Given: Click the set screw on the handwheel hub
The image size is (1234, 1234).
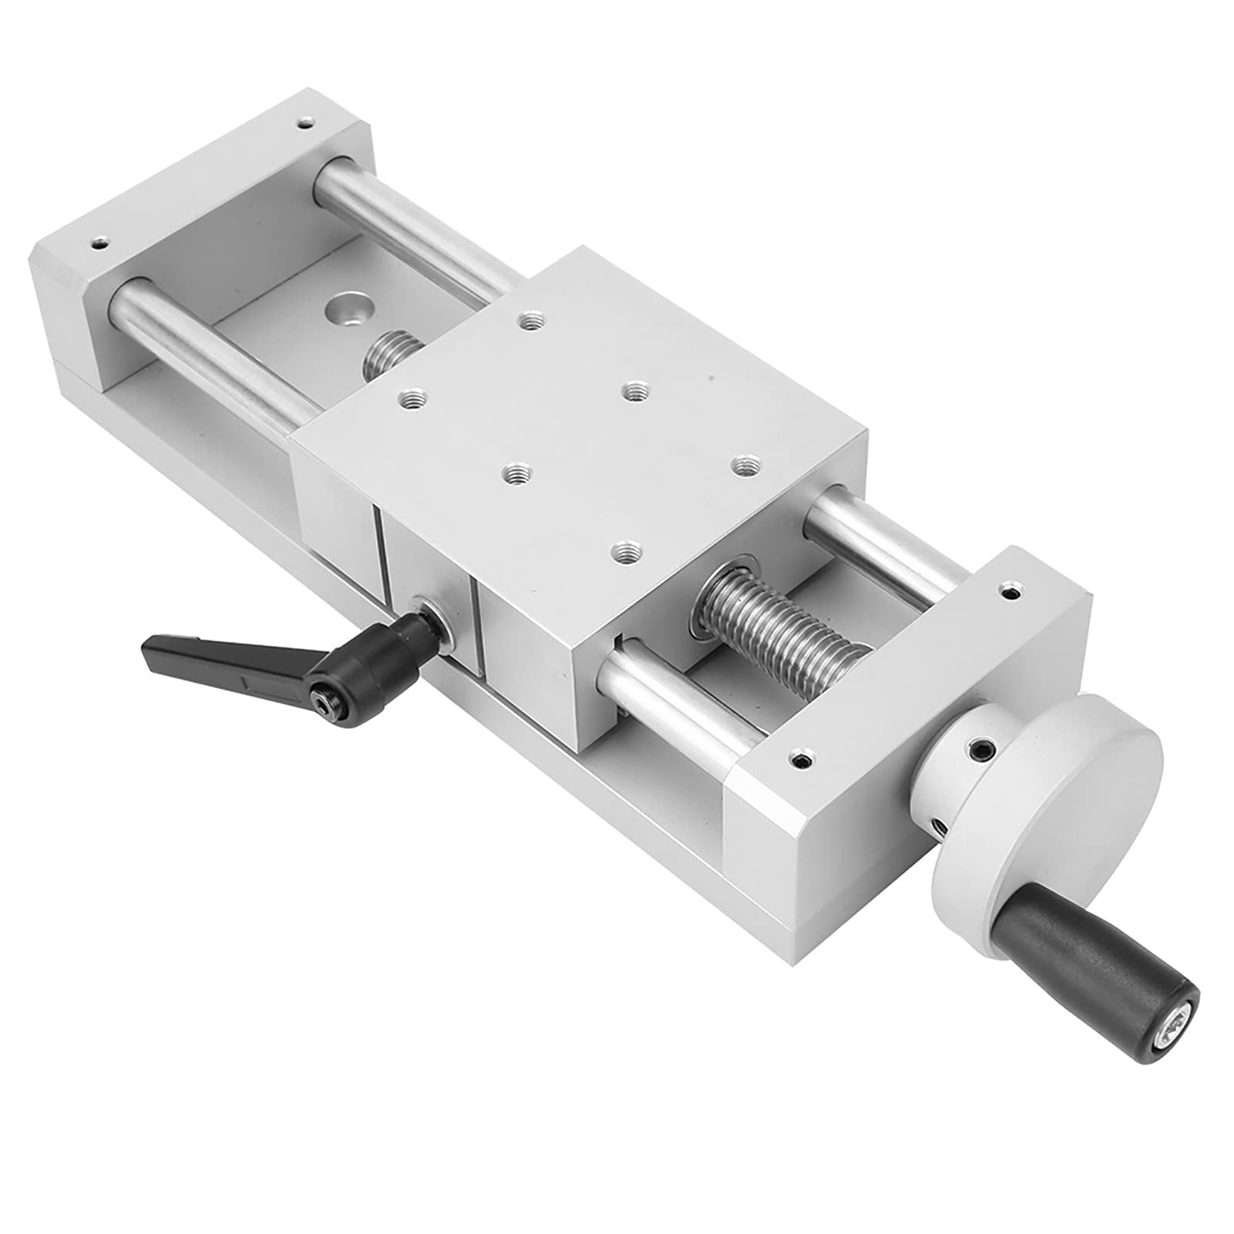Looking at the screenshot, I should click(x=978, y=748).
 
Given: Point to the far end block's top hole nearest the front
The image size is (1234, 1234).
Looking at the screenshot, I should click(x=98, y=242).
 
